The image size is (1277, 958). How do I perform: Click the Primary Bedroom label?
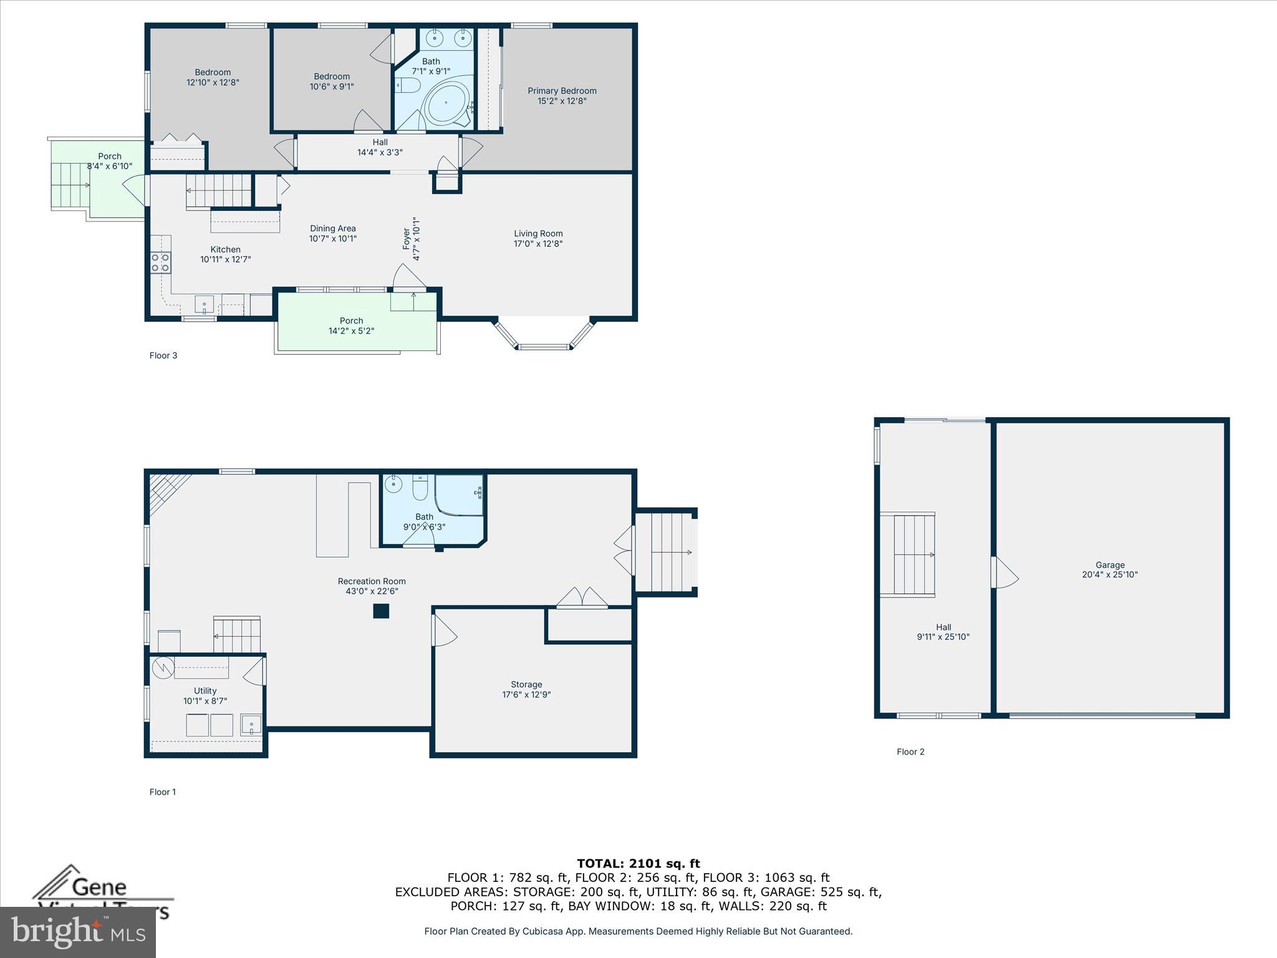[x=562, y=91]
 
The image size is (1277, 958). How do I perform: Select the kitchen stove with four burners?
[x=160, y=263]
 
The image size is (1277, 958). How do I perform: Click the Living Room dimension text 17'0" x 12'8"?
[x=538, y=244]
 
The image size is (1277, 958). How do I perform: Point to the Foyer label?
[x=407, y=239]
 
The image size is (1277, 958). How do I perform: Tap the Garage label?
[x=1110, y=565]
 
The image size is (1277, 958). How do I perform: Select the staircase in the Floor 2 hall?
[x=914, y=554]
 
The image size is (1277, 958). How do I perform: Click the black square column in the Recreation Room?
[x=381, y=611]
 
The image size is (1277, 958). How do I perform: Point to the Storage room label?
[x=526, y=684]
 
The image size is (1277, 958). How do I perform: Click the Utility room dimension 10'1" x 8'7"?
[x=205, y=701]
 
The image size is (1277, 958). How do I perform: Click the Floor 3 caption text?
[x=163, y=356]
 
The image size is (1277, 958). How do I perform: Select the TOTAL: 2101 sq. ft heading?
[x=638, y=864]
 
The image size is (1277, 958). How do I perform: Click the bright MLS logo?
[x=78, y=932]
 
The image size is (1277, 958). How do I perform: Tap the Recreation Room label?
[x=372, y=581]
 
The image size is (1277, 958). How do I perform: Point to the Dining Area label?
[x=332, y=228]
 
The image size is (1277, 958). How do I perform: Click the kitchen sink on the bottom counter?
[x=205, y=305]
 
